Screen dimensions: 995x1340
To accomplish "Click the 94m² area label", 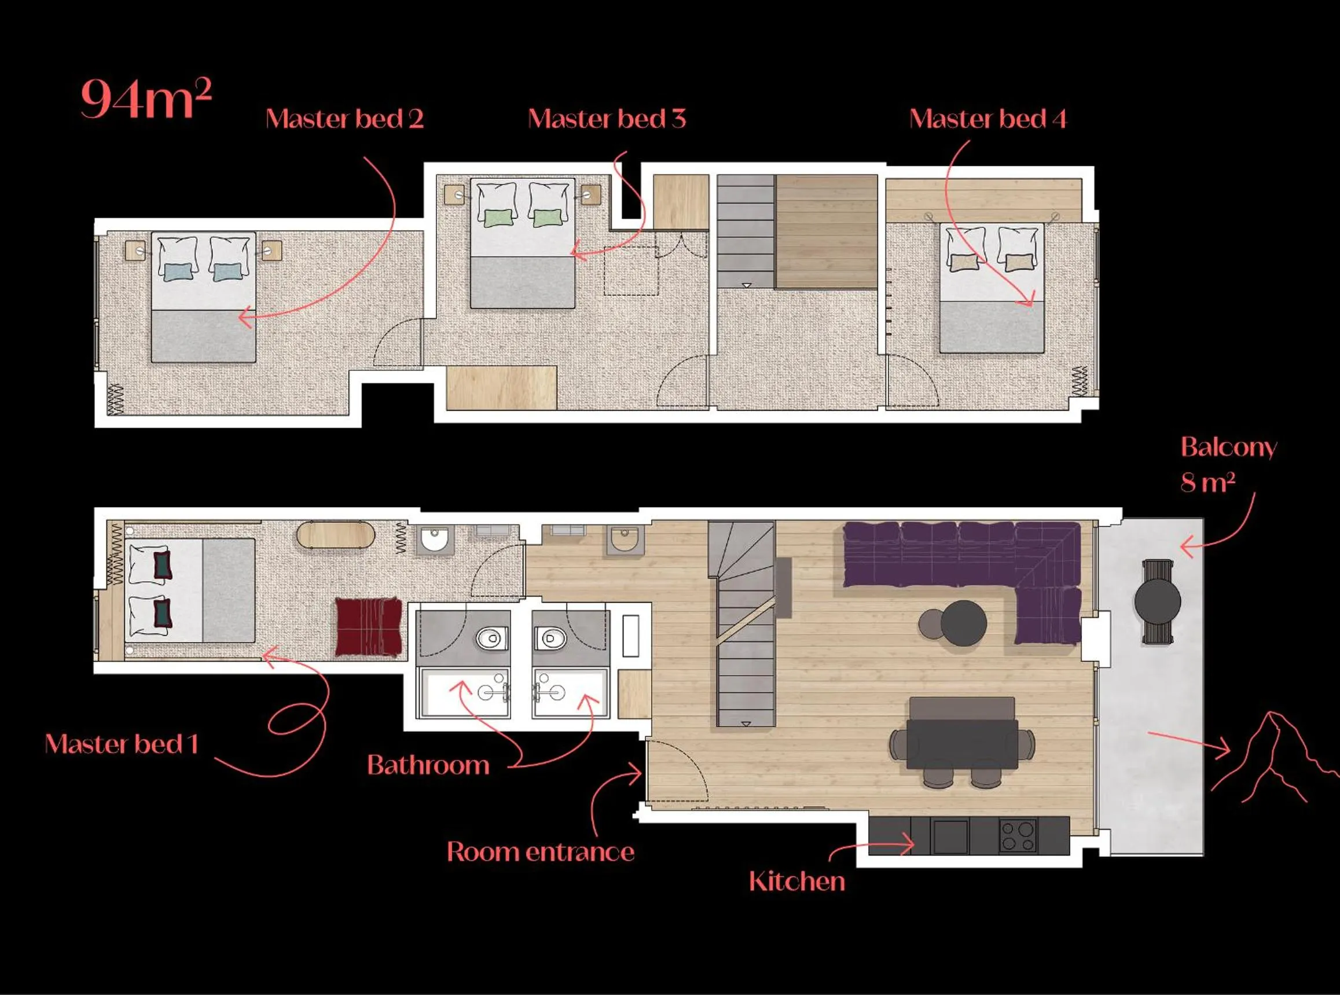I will coord(146,99).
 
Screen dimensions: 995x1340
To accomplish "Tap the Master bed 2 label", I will coord(344,119).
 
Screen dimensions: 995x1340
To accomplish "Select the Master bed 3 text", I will coord(607,119).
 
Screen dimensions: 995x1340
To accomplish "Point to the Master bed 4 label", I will coord(987,119).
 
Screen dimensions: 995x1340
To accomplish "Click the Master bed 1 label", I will coord(122,744).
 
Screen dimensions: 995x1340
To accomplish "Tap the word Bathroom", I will coord(428,766).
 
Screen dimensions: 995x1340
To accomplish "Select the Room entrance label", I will coord(540,851).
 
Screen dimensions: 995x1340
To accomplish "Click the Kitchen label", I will coord(797,882).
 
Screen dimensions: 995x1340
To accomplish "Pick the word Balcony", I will coord(1228,447).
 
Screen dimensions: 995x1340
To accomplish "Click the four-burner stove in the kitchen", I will coord(1018,836).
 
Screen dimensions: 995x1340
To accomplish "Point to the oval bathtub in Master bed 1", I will coord(336,535).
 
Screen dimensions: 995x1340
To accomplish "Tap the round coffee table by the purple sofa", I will coord(963,623).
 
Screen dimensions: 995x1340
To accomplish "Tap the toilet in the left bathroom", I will coord(491,638).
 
